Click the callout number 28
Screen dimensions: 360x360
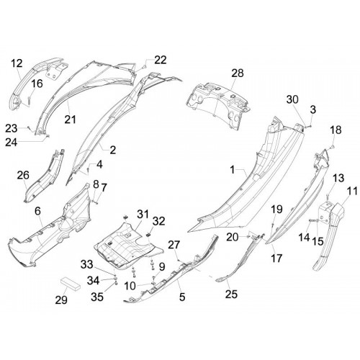pyautogui.click(x=238, y=73)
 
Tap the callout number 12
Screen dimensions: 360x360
pyautogui.click(x=17, y=63)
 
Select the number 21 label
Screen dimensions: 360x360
pyautogui.click(x=71, y=120)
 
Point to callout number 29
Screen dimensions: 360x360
pyautogui.click(x=61, y=300)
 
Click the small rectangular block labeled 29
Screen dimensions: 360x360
pyautogui.click(x=70, y=284)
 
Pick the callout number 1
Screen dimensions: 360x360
pyautogui.click(x=232, y=170)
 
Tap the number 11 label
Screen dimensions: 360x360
pyautogui.click(x=352, y=192)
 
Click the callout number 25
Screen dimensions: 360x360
pyautogui.click(x=231, y=294)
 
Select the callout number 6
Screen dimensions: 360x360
pyautogui.click(x=37, y=211)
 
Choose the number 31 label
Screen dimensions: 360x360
pyautogui.click(x=143, y=214)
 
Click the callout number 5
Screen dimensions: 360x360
pyautogui.click(x=182, y=297)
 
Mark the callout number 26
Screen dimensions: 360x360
pyautogui.click(x=23, y=175)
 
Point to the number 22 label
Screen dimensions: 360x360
pyautogui.click(x=161, y=60)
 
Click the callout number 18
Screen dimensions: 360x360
pyautogui.click(x=336, y=130)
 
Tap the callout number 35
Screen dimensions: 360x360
pyautogui.click(x=97, y=297)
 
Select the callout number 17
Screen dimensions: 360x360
pyautogui.click(x=276, y=258)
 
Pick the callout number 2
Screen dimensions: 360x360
pyautogui.click(x=113, y=150)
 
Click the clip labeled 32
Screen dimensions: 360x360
pyautogui.click(x=148, y=234)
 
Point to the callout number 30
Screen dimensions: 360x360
pyautogui.click(x=292, y=99)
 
